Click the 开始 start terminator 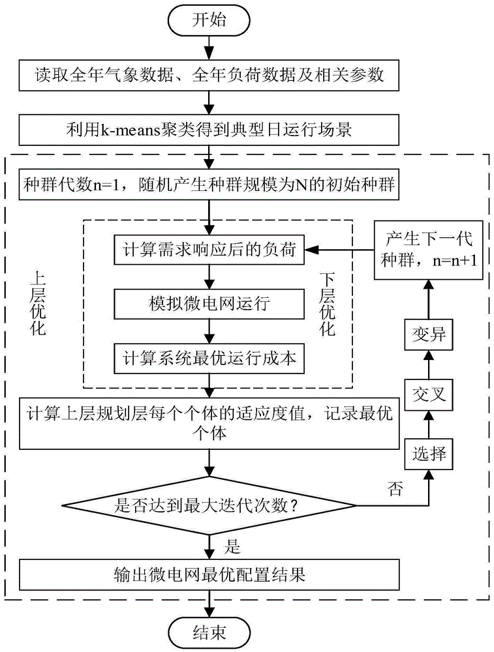point(208,20)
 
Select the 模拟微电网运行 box point(208,305)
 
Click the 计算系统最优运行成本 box point(208,358)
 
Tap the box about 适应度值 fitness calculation point(208,422)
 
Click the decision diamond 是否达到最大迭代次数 point(208,504)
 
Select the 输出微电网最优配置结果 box point(208,574)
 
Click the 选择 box point(429,452)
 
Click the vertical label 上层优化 point(39,303)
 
